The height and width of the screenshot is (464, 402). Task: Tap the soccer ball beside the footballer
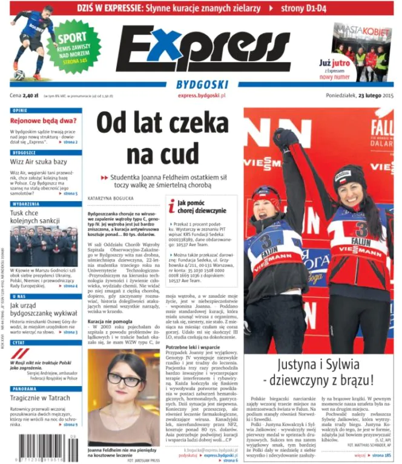click(x=19, y=76)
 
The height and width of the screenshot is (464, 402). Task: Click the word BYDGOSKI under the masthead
click(x=202, y=85)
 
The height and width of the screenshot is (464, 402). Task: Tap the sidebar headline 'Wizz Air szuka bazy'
click(x=38, y=162)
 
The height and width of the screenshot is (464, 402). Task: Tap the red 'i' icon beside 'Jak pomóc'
click(x=171, y=206)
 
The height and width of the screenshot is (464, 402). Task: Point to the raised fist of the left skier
click(x=283, y=138)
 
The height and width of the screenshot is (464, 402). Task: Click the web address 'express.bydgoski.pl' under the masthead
click(x=202, y=95)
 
